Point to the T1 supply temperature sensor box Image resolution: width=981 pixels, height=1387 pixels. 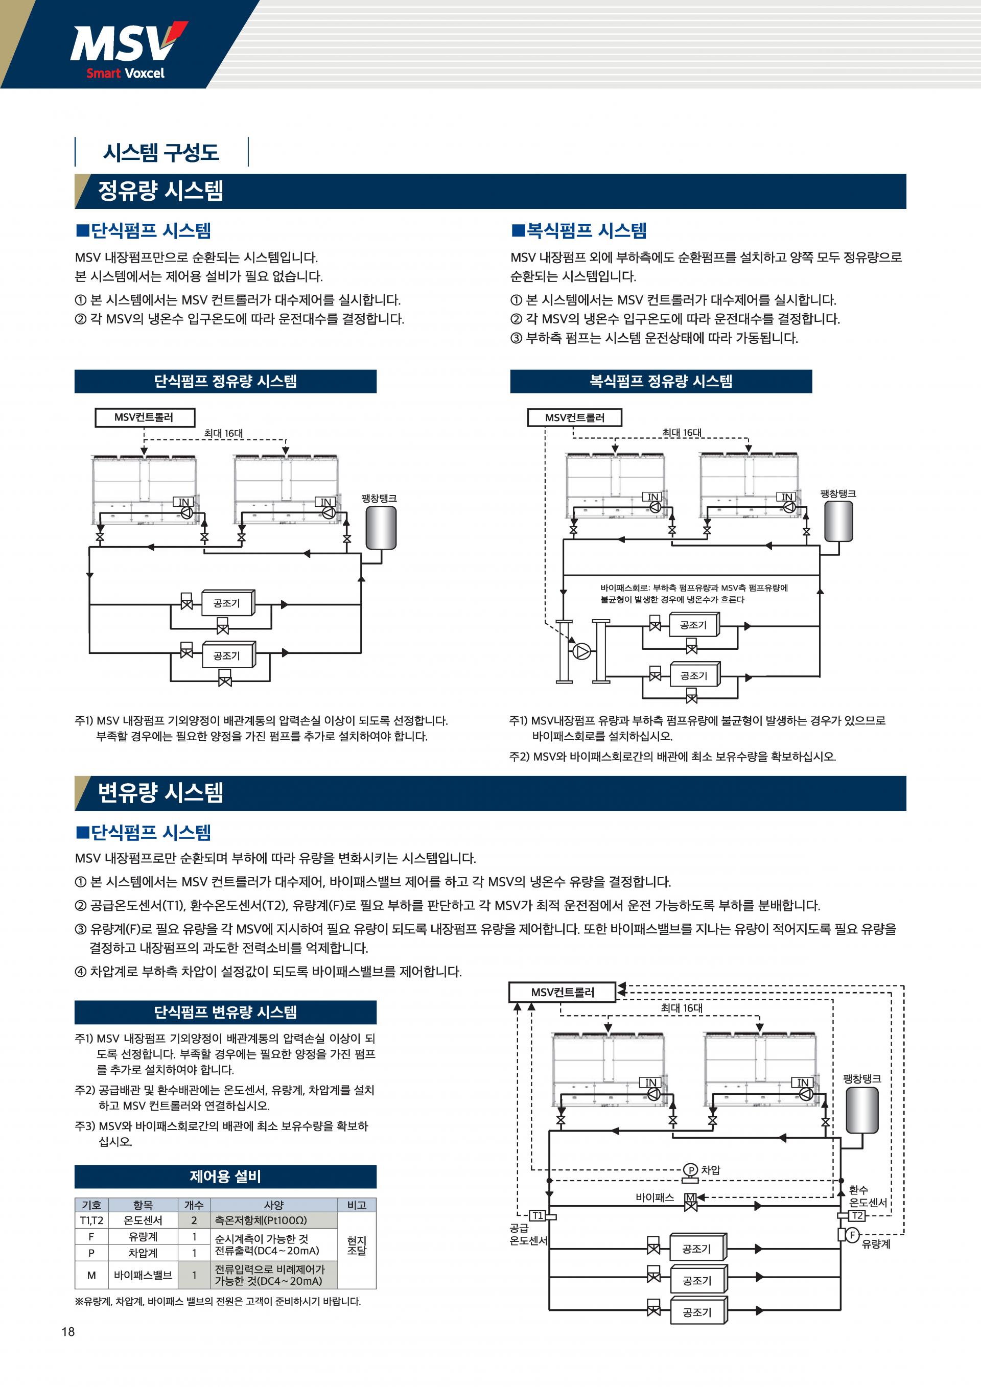click(x=537, y=1215)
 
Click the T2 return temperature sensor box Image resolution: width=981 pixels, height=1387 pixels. click(x=856, y=1215)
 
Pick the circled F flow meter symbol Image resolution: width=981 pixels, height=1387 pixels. click(x=852, y=1235)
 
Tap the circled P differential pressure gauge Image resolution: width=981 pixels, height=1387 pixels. click(x=690, y=1170)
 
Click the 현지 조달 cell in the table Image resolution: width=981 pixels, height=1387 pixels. click(x=357, y=1245)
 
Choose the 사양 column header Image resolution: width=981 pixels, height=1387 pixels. click(x=274, y=1205)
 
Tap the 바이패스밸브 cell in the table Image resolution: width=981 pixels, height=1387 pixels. click(x=143, y=1275)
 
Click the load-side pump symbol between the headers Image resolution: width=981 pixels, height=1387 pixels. click(x=581, y=651)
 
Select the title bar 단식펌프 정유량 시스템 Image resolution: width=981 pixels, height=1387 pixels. click(x=225, y=381)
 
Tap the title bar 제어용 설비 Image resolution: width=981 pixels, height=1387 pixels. click(x=225, y=1176)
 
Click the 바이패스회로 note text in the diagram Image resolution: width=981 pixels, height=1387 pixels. click(x=693, y=593)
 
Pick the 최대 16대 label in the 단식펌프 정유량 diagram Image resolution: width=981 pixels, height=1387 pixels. click(x=223, y=433)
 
